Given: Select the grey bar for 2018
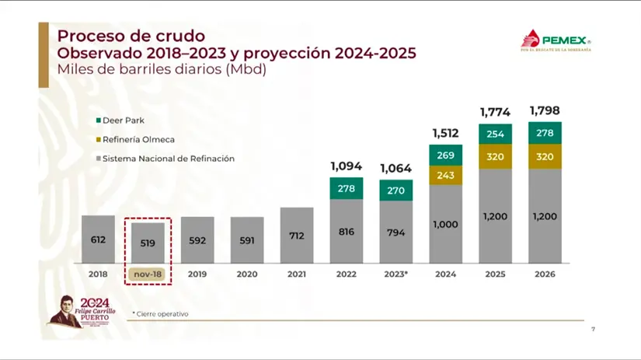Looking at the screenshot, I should click(98, 239).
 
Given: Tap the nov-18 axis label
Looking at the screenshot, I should click(148, 274).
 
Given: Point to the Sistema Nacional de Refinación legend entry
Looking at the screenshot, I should click(162, 159).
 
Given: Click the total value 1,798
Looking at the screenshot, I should click(544, 110).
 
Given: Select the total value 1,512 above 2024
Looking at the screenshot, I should click(445, 132).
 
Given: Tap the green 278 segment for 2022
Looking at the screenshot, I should click(346, 188).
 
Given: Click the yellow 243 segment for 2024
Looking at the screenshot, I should click(445, 176).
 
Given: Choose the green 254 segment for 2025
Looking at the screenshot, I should click(495, 134).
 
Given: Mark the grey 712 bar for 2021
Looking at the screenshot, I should click(297, 235).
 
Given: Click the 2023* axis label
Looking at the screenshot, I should click(395, 274).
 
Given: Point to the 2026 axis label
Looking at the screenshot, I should click(545, 274).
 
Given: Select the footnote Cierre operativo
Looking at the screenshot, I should click(161, 314).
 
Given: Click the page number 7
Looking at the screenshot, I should click(594, 329).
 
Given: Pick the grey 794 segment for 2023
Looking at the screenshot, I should click(395, 232).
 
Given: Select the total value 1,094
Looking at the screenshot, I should click(346, 166).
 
